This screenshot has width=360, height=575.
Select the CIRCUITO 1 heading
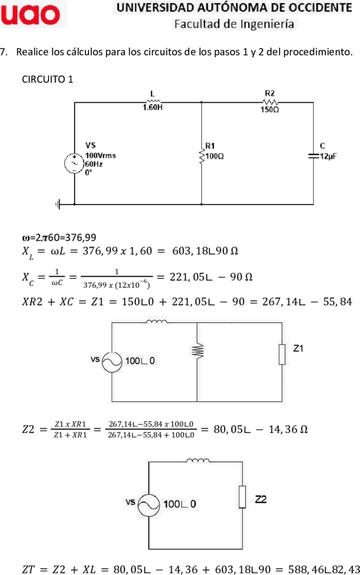coord(47,79)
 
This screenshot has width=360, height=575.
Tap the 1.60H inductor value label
coord(153,108)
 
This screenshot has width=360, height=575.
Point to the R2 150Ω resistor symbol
coord(270,102)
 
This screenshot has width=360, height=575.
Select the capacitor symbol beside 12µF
coord(314,156)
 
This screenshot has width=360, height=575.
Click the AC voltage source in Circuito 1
coord(74,164)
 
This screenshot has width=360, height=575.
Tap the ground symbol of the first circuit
coord(58,204)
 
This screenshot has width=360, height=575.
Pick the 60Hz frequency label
coord(94,164)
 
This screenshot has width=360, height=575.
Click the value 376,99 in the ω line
coord(81,238)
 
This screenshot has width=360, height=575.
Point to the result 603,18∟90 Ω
coord(205,251)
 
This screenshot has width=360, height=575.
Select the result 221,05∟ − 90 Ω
coord(211,277)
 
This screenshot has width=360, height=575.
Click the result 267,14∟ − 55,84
coord(307,302)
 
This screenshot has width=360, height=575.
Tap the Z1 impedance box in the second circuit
coord(282,355)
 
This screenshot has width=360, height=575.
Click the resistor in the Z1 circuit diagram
coord(197,350)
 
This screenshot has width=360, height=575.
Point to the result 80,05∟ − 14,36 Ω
coord(261,429)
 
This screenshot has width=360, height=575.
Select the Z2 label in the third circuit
coord(261,499)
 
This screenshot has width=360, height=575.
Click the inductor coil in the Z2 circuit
coord(198,460)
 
